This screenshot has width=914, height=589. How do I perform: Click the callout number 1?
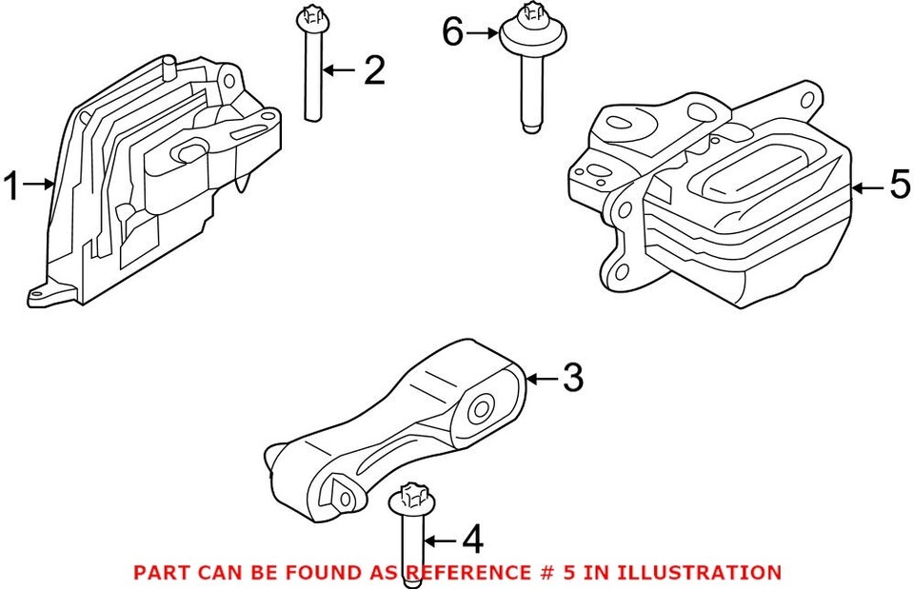[11, 186]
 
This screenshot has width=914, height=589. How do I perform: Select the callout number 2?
[373, 70]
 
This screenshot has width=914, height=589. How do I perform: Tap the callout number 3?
[571, 379]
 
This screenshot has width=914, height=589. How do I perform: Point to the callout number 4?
[471, 541]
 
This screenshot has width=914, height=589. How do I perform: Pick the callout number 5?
[900, 187]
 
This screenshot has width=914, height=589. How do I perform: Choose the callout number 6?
[453, 33]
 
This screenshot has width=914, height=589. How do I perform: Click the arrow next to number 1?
[37, 186]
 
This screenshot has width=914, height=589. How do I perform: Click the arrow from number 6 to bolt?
[484, 33]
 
